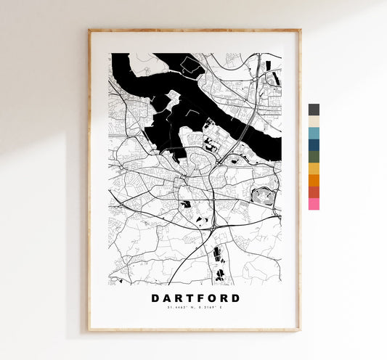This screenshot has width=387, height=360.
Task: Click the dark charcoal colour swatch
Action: [x=314, y=110]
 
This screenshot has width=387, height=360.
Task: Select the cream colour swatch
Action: [x=314, y=121]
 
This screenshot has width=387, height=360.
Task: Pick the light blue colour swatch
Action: [x=314, y=133]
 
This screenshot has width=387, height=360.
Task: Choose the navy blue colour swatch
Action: [x=314, y=144]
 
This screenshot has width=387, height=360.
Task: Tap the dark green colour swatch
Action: [x=314, y=156]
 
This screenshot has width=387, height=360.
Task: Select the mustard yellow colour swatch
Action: [x=314, y=168]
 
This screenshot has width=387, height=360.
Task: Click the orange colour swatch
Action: [x=314, y=180]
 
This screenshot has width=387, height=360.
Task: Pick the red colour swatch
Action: [x=314, y=192]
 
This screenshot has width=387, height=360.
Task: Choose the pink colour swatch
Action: [x=314, y=204]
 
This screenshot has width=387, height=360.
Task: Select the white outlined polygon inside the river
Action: [x=192, y=67]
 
